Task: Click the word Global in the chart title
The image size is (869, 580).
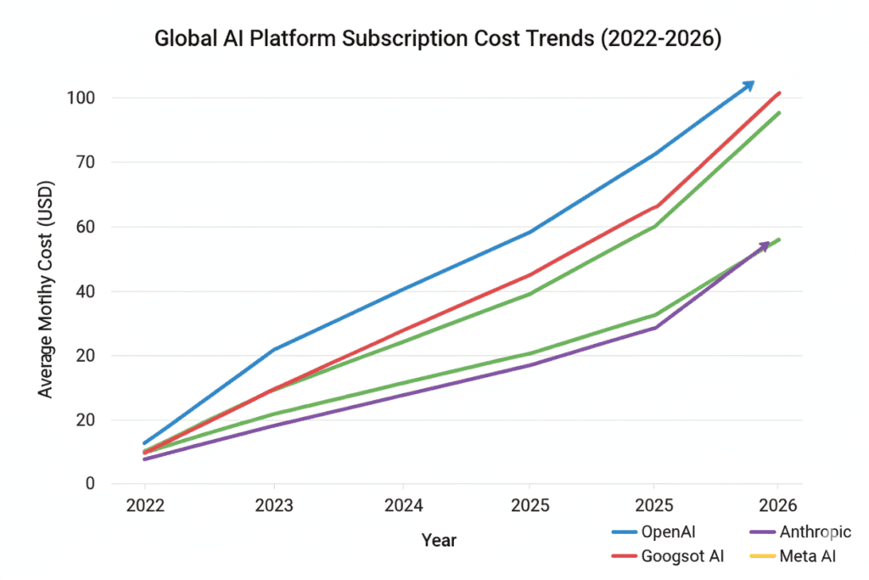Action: coord(179,40)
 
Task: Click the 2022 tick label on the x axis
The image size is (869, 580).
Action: coord(144,507)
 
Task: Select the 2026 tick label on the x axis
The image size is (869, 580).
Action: coord(778,507)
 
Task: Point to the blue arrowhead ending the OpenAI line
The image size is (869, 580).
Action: coord(748,84)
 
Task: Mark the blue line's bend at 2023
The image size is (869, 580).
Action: coord(273,349)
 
